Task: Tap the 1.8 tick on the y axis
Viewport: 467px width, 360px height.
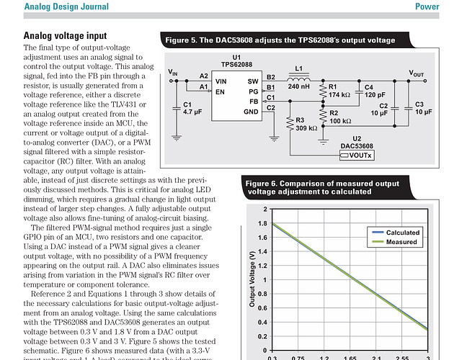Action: [x=265, y=225]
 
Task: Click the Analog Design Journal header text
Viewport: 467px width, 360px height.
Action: [x=67, y=7]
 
